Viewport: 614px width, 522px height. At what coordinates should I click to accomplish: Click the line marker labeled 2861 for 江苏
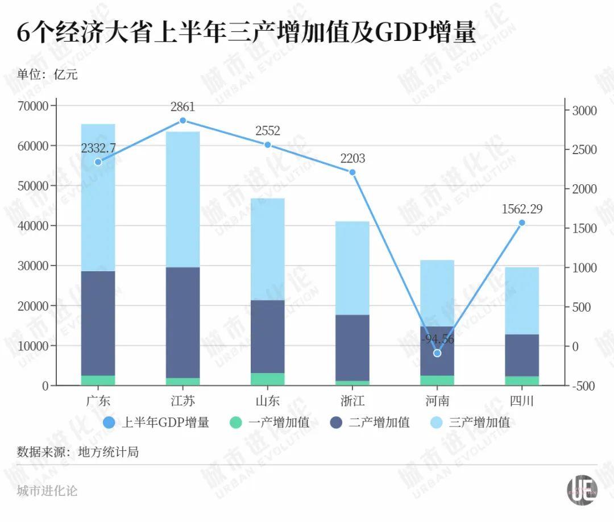coord(183,121)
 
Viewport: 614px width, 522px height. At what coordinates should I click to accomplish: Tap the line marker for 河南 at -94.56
coord(437,353)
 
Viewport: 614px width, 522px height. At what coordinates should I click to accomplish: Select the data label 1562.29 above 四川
coord(522,209)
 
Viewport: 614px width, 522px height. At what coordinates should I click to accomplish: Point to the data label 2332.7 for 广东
coord(98,148)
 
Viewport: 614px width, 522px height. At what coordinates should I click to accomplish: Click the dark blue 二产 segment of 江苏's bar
coord(183,322)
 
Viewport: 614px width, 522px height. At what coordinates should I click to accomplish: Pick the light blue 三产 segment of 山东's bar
coord(268,249)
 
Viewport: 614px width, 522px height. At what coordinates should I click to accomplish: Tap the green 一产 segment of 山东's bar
coord(268,379)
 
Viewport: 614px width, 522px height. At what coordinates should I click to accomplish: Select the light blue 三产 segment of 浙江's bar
coord(352,268)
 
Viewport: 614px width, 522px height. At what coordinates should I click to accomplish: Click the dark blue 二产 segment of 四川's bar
coord(522,355)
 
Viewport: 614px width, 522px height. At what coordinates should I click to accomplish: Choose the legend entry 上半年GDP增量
coord(157,422)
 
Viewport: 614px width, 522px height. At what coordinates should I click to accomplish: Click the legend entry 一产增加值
coord(271,422)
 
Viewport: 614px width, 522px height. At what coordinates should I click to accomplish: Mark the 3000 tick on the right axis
coord(584,110)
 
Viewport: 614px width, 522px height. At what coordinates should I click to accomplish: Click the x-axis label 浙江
coord(352,401)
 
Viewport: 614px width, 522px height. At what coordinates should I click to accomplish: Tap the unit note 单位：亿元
coord(47,74)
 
